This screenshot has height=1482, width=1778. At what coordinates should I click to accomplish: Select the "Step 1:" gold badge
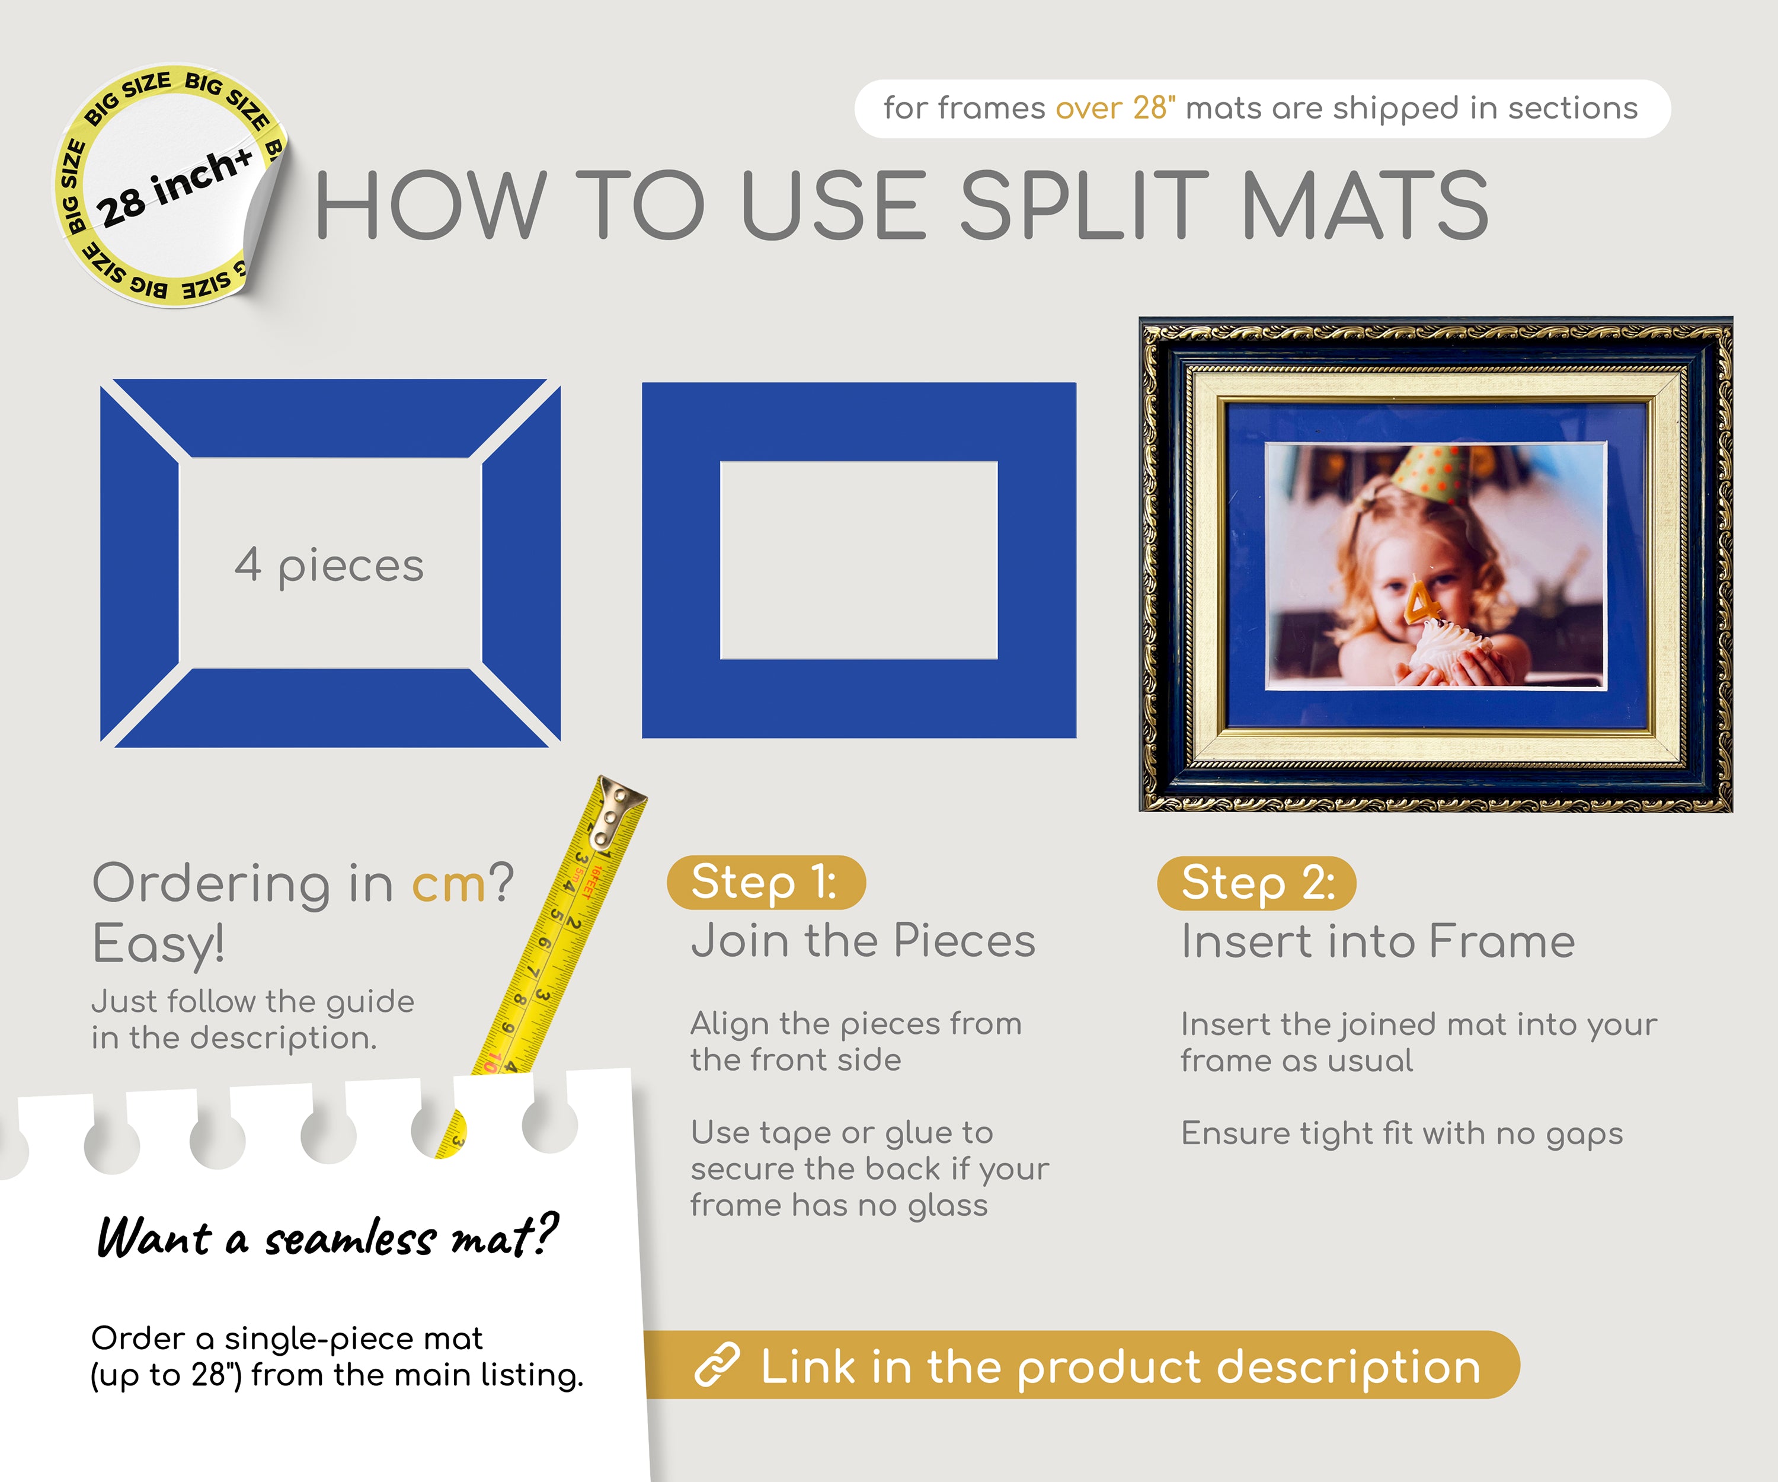coord(765,883)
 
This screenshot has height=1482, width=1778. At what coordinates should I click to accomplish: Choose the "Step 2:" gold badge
coord(1256,883)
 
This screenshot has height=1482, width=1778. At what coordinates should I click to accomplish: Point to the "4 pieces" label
coord(330,565)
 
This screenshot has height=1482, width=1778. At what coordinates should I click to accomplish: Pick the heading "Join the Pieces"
coord(863,941)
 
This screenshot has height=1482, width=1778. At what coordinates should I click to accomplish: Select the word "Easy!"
coord(158,943)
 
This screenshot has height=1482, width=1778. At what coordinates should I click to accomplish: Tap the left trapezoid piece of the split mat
coord(138,564)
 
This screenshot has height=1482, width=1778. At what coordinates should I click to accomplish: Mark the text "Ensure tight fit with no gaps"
coord(1401,1133)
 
